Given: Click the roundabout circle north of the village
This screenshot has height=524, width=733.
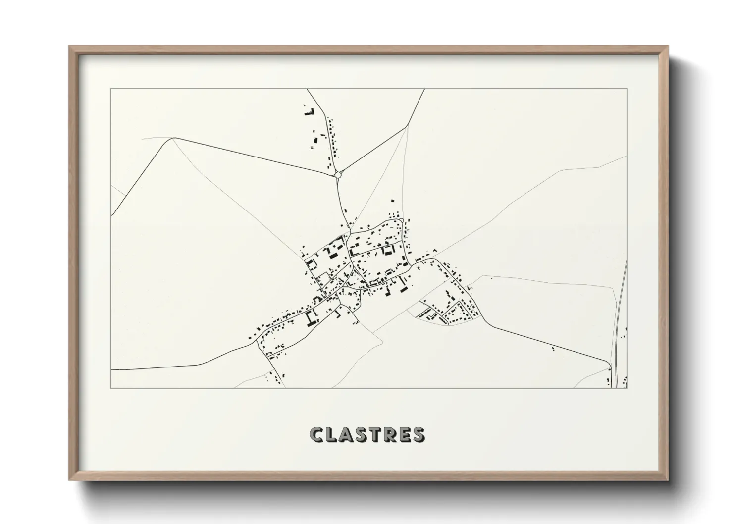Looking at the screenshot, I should point(338,175).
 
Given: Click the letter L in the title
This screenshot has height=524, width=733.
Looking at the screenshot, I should point(332,435).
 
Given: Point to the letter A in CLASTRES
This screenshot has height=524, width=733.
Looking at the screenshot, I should point(347,435).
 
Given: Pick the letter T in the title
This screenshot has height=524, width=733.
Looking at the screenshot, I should point(375,435).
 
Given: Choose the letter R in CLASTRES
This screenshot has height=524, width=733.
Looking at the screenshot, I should point(389,435).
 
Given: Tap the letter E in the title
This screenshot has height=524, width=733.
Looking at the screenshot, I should point(404,435).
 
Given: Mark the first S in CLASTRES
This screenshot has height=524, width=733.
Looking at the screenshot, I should point(362,435).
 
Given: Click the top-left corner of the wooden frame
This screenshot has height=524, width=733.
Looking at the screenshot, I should point(69,47).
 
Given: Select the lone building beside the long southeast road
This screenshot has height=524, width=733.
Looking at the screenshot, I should point(553,349).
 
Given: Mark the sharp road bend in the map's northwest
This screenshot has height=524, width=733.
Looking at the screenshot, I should point(171,138).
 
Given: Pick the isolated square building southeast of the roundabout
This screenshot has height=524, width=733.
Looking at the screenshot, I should point(393,201).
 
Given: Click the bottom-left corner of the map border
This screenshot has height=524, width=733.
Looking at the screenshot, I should point(111,388).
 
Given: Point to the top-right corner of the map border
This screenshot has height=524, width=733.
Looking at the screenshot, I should point(627,89).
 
